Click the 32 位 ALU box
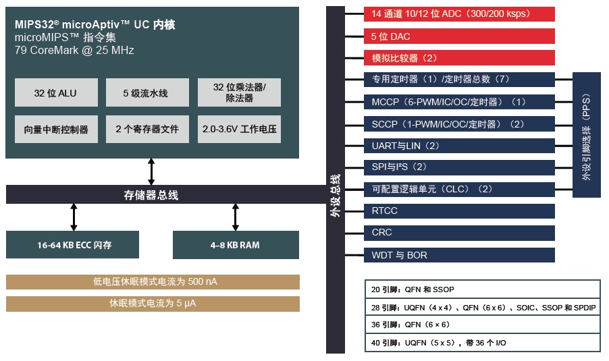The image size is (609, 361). pyautogui.click(x=56, y=92)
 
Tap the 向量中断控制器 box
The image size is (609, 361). pyautogui.click(x=56, y=129)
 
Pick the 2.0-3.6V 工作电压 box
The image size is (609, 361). pyautogui.click(x=240, y=129)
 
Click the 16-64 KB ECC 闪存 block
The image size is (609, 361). pyautogui.click(x=72, y=245)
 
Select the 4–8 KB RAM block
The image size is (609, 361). pyautogui.click(x=236, y=245)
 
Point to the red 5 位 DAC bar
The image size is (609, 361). pyautogui.click(x=459, y=36)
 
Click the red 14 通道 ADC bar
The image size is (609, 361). pyautogui.click(x=459, y=13)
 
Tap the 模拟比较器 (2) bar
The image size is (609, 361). pyautogui.click(x=459, y=58)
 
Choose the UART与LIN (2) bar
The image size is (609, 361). pyautogui.click(x=459, y=145)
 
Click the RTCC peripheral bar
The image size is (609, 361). pyautogui.click(x=459, y=211)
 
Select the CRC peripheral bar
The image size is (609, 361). pyautogui.click(x=459, y=233)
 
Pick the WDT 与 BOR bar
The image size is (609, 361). pyautogui.click(x=459, y=255)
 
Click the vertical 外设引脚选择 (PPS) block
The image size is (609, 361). pyautogui.click(x=587, y=134)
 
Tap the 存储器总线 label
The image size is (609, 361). pyautogui.click(x=151, y=195)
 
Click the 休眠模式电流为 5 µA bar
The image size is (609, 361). pyautogui.click(x=153, y=304)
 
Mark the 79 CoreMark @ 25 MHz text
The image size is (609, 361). pyautogui.click(x=74, y=51)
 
